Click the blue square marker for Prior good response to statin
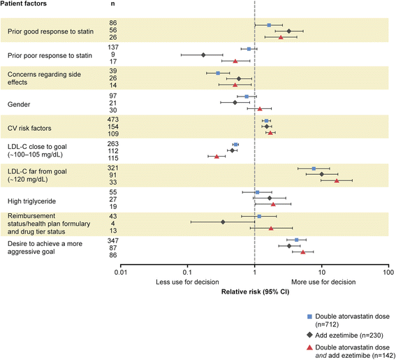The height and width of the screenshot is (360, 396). [269, 25]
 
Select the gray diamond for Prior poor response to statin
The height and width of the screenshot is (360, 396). [203, 55]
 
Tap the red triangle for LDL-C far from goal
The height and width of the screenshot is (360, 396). [337, 180]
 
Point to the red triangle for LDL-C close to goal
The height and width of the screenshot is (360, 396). [217, 157]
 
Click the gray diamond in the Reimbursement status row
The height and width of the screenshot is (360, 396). [223, 222]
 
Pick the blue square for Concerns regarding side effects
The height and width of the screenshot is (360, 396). [218, 73]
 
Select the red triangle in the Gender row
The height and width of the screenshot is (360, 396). [260, 109]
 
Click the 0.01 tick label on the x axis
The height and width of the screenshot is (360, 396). [120, 273]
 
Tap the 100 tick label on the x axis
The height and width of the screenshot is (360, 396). [388, 273]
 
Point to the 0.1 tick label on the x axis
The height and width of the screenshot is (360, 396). [187, 273]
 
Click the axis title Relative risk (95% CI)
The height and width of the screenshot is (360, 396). [255, 291]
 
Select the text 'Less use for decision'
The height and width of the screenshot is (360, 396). [187, 282]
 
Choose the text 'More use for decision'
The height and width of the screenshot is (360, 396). [323, 282]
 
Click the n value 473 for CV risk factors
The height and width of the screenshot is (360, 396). [113, 120]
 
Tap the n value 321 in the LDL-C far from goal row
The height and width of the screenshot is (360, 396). [113, 168]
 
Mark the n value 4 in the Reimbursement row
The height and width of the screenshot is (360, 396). [113, 224]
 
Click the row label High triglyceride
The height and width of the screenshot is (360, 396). [32, 201]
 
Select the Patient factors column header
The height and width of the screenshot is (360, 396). [24, 3]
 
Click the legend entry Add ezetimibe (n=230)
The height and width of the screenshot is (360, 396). [349, 336]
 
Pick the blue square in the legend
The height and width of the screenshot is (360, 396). [309, 317]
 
